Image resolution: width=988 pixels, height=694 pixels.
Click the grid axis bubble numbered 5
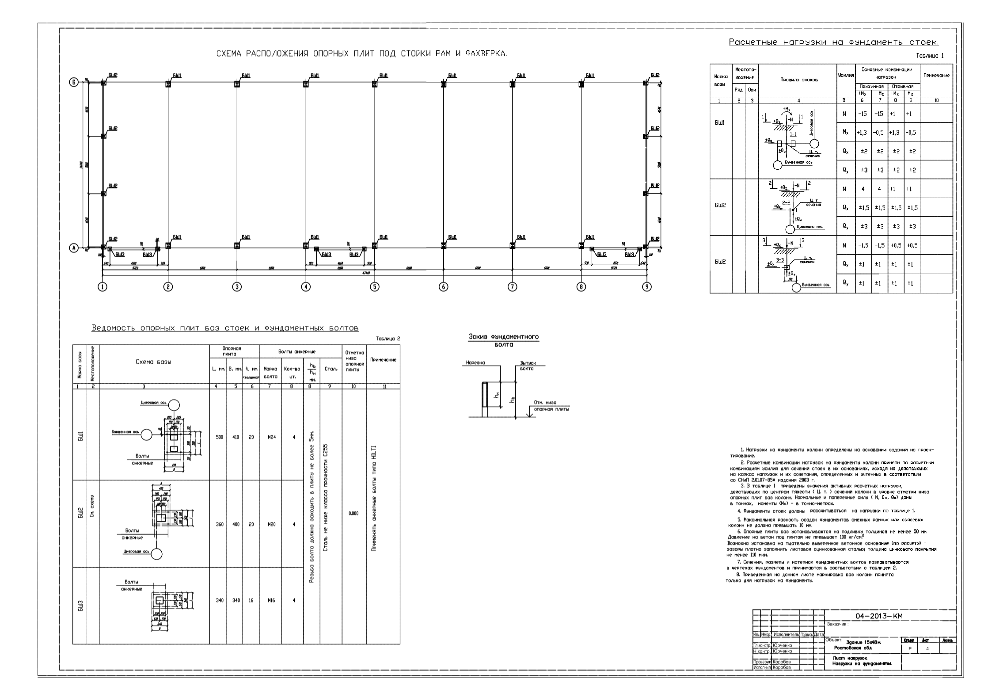click(375, 287)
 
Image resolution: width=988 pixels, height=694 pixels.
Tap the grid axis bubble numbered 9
click(646, 287)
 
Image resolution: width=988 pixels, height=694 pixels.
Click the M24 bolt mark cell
click(270, 437)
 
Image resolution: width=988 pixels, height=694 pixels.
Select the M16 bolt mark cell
click(270, 600)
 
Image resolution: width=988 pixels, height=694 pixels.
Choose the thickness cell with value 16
click(251, 600)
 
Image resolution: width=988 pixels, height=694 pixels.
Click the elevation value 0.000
click(353, 514)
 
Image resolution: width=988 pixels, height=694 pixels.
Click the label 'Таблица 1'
click(930, 56)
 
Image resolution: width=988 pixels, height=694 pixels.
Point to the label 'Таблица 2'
click(388, 339)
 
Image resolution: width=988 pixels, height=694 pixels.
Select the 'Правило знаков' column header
click(798, 80)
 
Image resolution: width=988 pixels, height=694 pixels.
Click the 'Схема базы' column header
click(153, 362)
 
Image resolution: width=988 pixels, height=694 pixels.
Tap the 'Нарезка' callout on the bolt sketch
click(475, 363)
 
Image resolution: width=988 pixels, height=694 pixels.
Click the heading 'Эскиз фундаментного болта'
click(504, 340)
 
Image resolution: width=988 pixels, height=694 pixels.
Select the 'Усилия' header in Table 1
click(845, 76)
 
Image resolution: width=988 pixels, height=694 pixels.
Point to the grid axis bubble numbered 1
click(103, 287)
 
